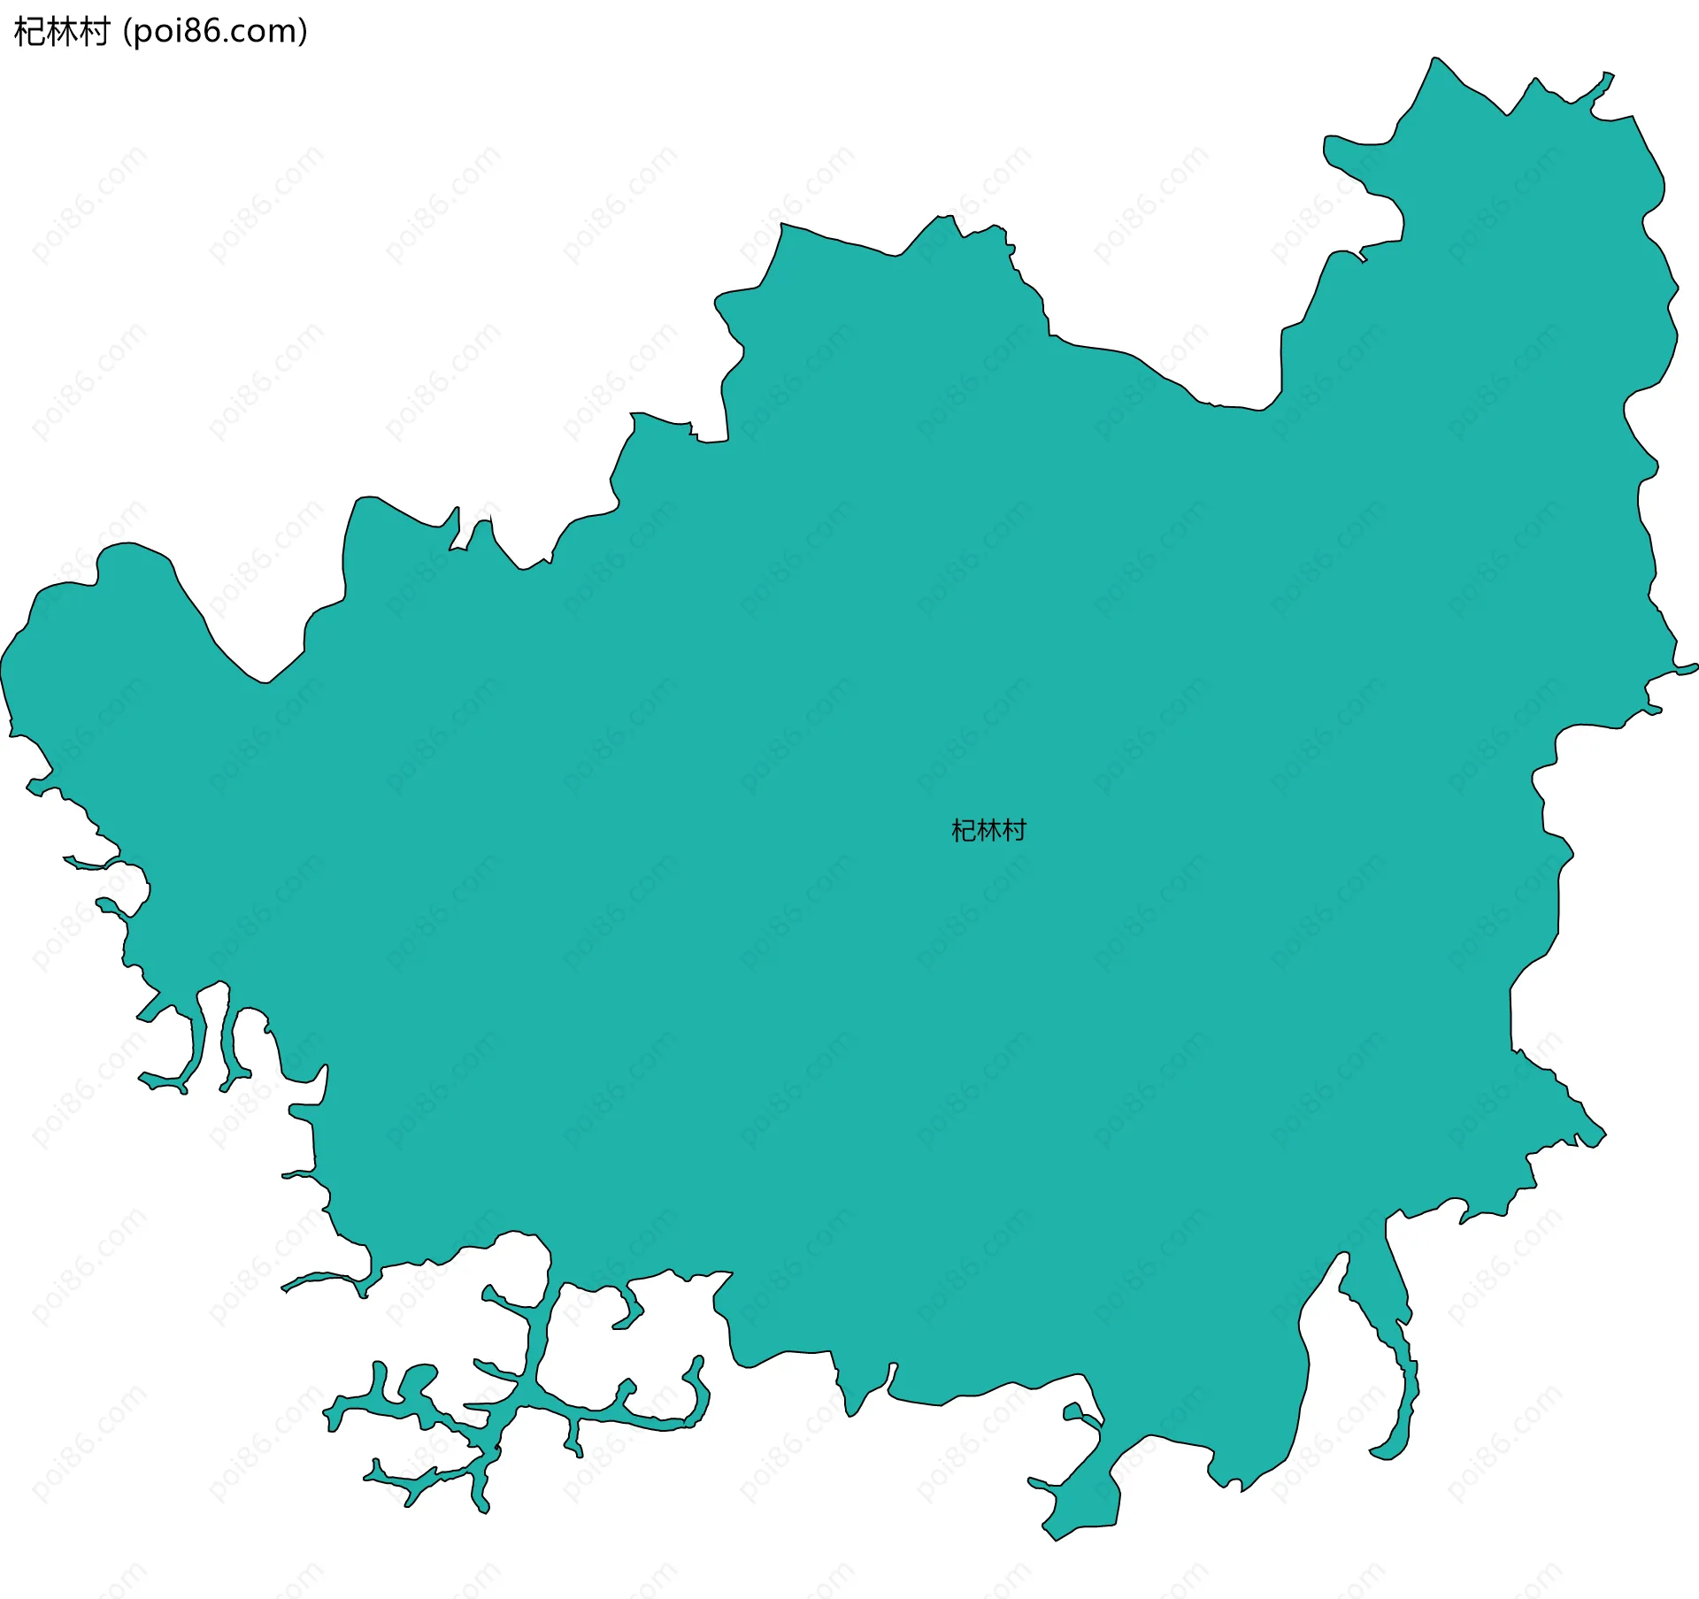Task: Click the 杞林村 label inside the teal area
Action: point(988,830)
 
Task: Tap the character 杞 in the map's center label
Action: point(964,830)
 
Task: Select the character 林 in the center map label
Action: point(988,830)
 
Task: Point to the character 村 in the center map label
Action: point(1014,830)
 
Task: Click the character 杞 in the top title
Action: point(29,32)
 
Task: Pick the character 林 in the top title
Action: point(62,32)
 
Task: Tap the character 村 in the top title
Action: point(94,32)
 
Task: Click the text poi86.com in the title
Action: point(216,32)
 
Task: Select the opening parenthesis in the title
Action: point(127,32)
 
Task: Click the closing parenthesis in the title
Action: point(303,32)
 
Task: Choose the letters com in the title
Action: point(263,34)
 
